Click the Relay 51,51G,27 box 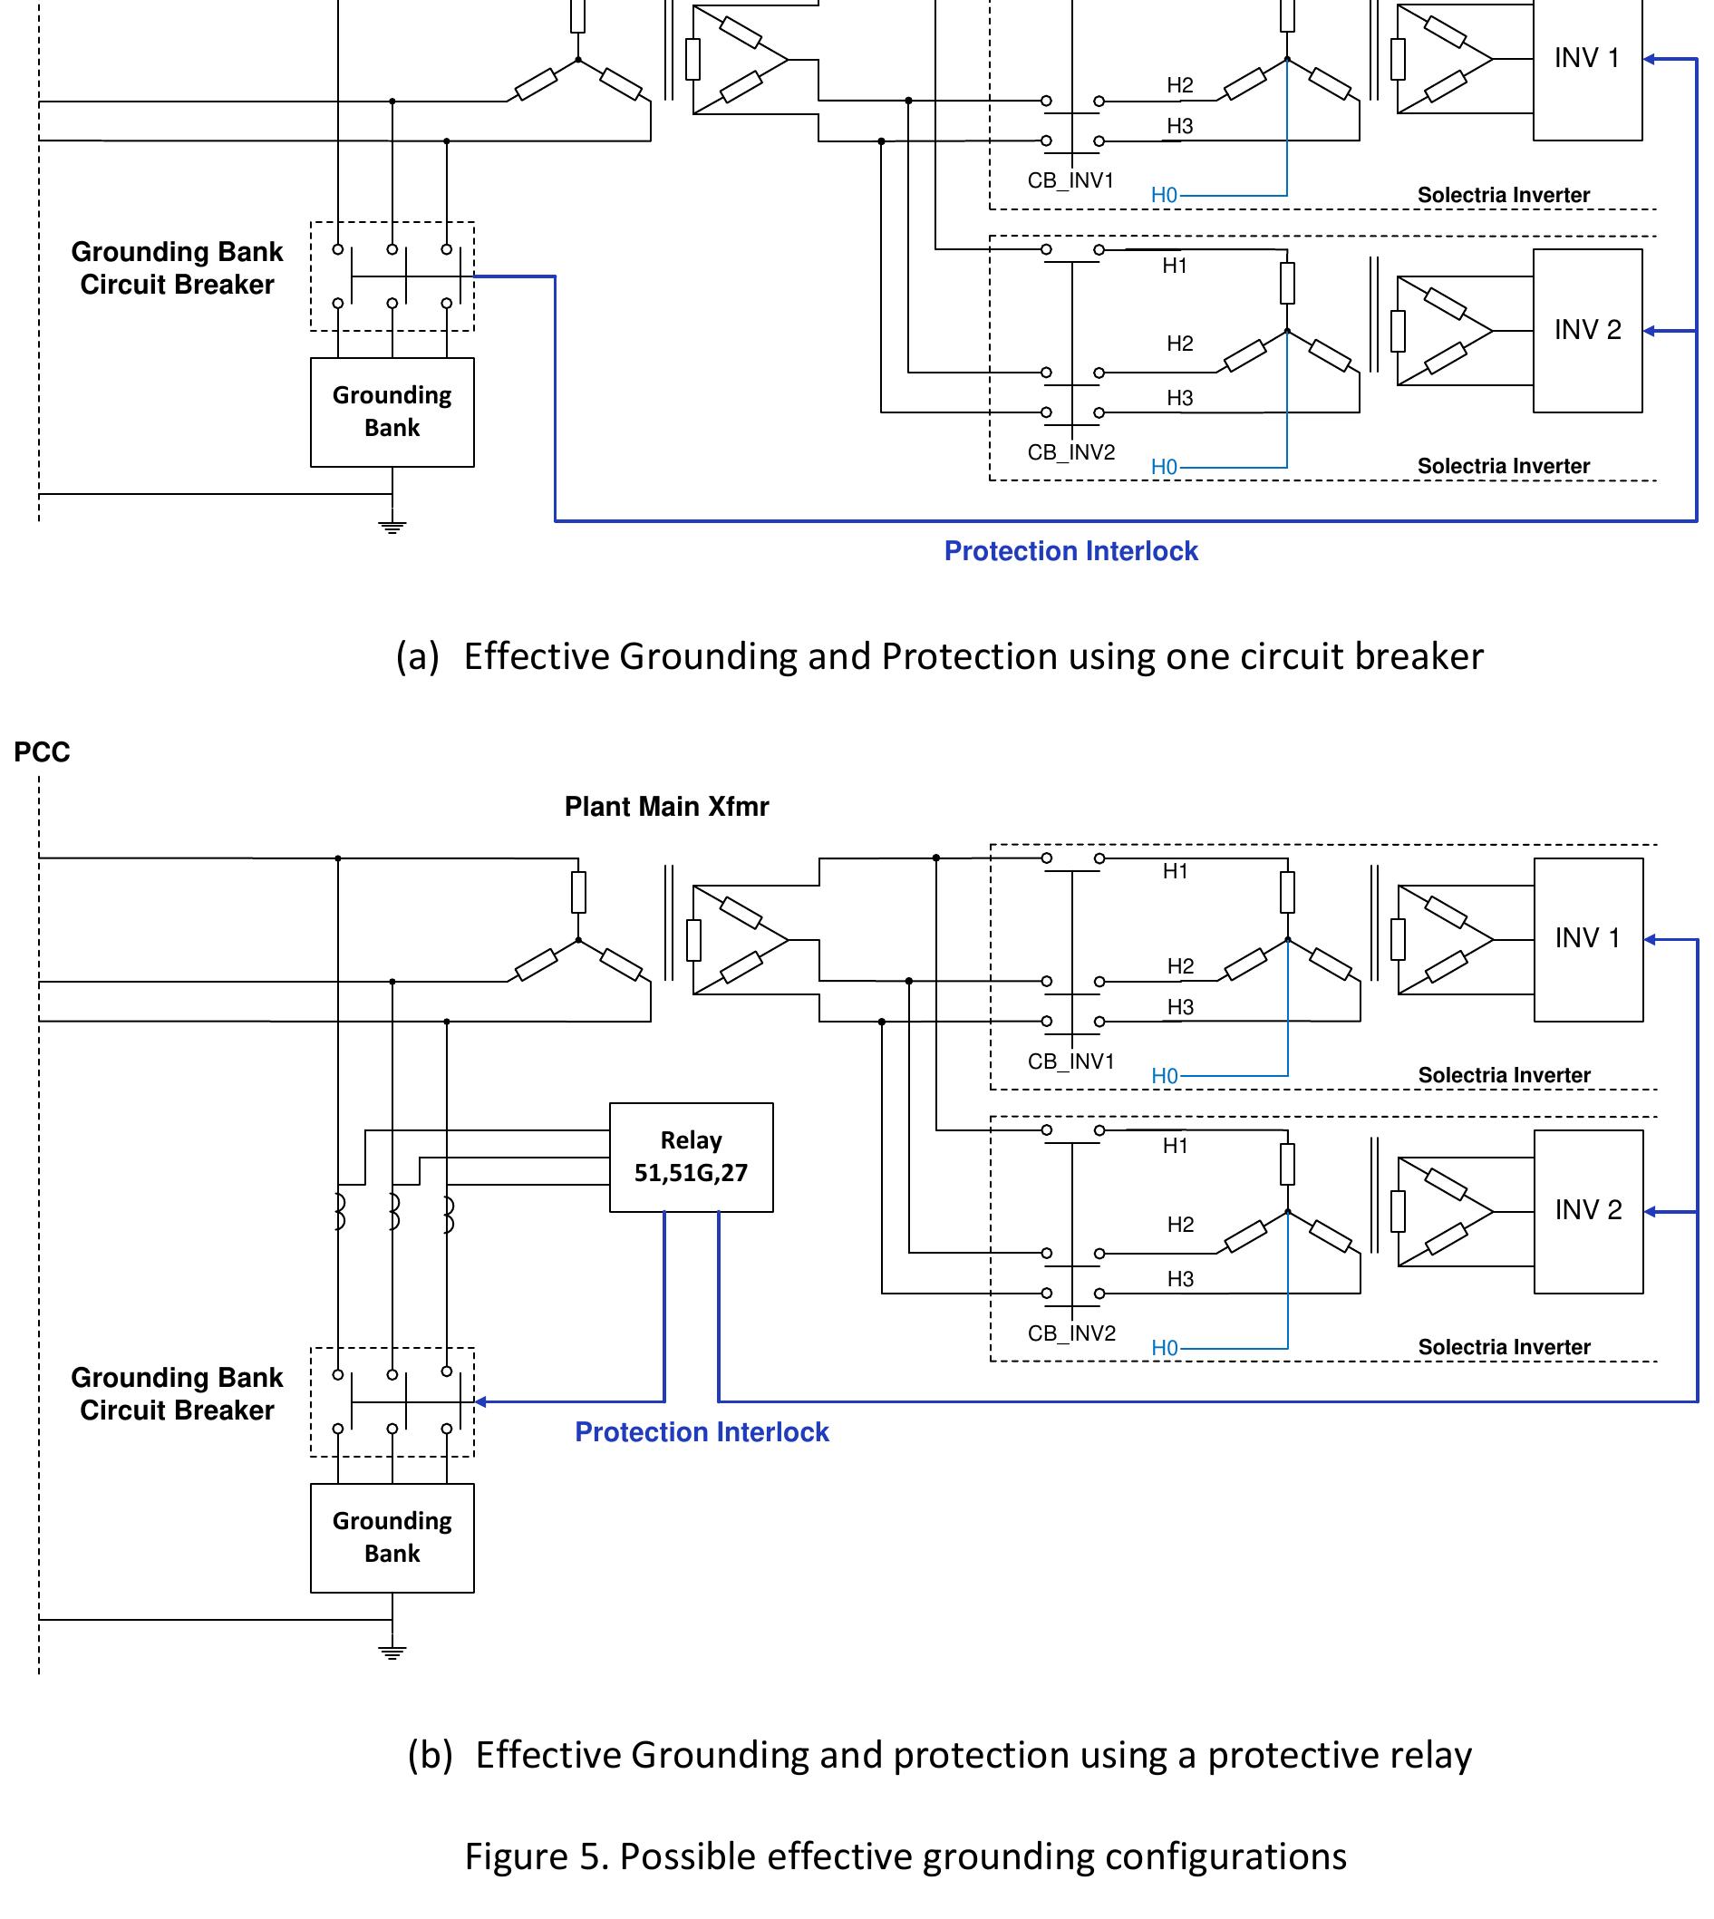(691, 1157)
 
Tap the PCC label (42, 752)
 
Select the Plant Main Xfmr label (666, 806)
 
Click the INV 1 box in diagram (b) (1588, 939)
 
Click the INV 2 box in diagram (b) (1588, 1211)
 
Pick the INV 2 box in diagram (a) (1587, 331)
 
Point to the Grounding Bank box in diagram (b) (392, 1537)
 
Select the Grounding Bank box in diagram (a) (392, 412)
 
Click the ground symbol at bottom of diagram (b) (392, 1652)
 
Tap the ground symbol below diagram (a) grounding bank (392, 527)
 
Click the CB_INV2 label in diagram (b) (1070, 1333)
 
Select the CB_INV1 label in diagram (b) (1070, 1061)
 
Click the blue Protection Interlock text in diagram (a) (1070, 551)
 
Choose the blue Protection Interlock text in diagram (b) (702, 1432)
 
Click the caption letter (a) (417, 656)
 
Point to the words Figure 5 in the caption (532, 1856)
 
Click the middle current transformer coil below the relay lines (394, 1213)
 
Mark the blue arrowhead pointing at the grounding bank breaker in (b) (480, 1402)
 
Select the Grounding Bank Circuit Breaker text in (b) (177, 1393)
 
